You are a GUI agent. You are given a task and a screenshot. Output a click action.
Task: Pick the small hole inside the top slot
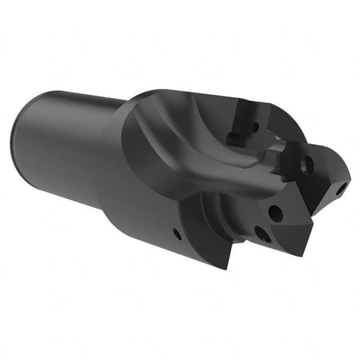coord(255,127)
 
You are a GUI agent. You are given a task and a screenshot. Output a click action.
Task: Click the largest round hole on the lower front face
coord(275,211)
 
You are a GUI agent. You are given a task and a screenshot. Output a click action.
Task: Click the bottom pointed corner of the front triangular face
coord(298,256)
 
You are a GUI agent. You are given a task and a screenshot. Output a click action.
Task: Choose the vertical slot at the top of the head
coord(246,117)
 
